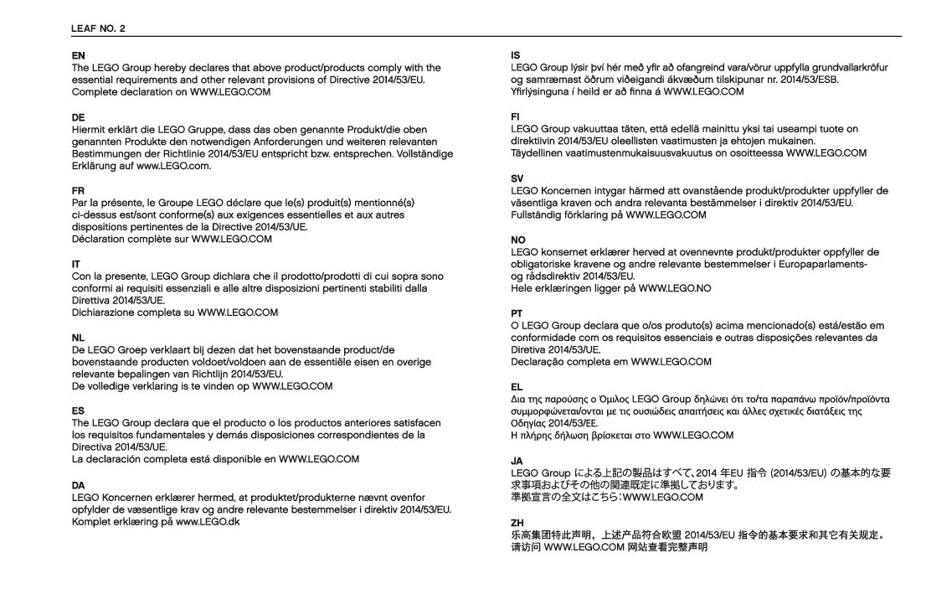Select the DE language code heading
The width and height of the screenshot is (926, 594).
tap(78, 118)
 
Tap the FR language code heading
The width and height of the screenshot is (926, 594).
tap(78, 191)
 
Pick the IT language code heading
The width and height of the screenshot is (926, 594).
tap(75, 264)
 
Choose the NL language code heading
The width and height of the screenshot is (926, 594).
tap(78, 337)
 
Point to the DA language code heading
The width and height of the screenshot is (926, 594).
tap(78, 483)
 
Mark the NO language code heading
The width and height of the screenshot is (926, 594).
tap(518, 240)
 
